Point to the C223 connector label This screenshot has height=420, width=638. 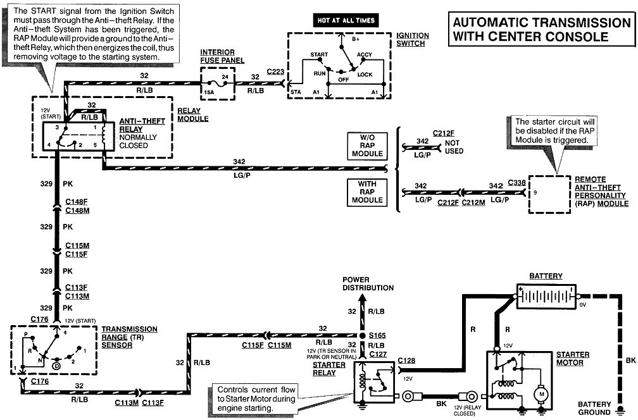coord(276,73)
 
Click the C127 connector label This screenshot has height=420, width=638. coord(377,354)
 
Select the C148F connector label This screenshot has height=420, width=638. coord(78,202)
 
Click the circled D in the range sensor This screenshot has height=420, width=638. coord(57,366)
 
